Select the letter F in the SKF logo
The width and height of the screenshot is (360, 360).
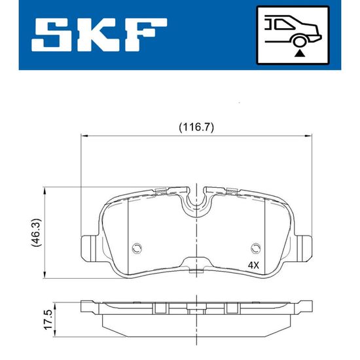[145, 35]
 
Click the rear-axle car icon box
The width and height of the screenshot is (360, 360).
[293, 35]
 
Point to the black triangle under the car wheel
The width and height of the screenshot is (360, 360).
[299, 54]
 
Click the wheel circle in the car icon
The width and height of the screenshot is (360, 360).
[299, 42]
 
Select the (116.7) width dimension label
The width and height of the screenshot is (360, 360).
[196, 127]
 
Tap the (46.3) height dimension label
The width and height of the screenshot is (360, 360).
[36, 233]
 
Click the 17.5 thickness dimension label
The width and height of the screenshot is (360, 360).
[49, 320]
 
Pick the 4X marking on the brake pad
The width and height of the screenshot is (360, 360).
[253, 266]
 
